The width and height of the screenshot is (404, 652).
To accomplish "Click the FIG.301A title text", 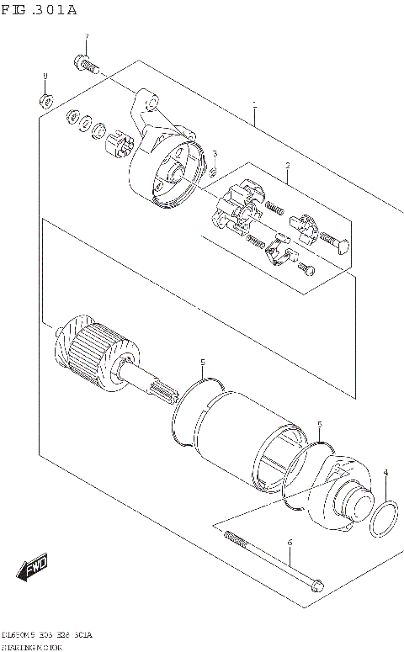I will tap(39, 10).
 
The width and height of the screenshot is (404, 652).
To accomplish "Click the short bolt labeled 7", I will tap(87, 62).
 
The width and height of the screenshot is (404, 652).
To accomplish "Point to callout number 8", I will tap(45, 78).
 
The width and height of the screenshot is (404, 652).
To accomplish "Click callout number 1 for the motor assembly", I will tap(254, 107).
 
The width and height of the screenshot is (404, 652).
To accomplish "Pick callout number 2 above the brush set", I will tap(287, 166).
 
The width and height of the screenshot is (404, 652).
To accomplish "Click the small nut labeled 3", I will tap(214, 172).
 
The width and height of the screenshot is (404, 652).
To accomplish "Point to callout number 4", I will tap(385, 474).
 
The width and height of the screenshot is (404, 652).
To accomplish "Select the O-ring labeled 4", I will tap(385, 518).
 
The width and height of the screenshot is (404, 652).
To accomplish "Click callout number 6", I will tap(289, 542).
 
